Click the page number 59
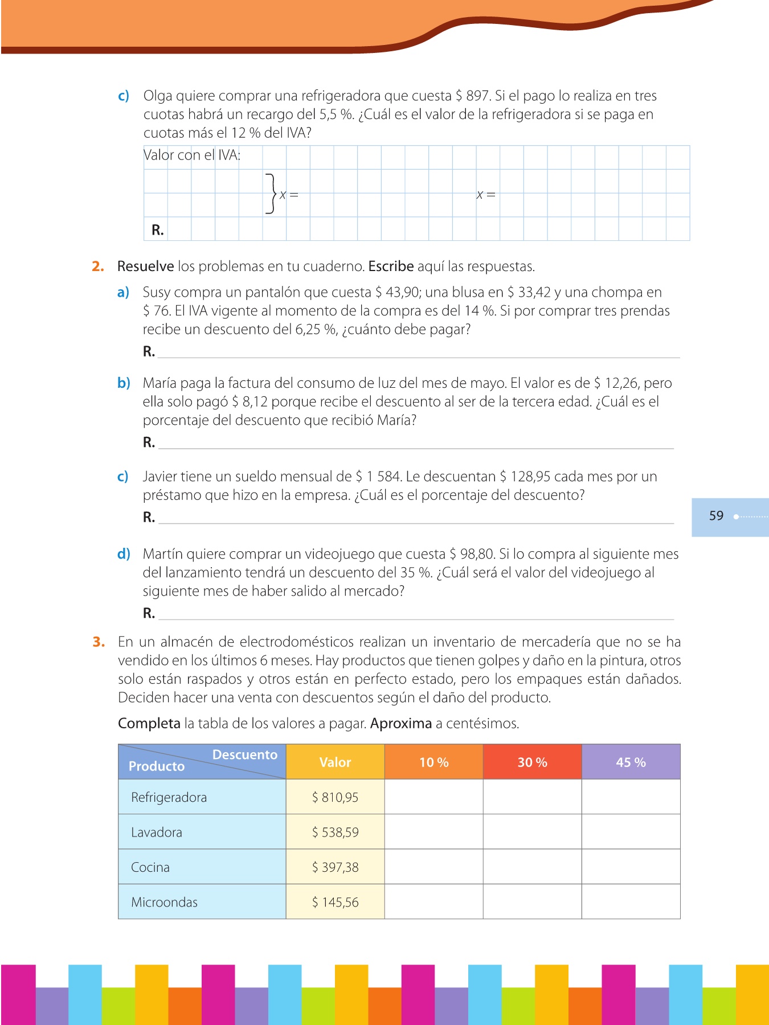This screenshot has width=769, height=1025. click(716, 516)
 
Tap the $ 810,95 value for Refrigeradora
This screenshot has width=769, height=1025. click(335, 797)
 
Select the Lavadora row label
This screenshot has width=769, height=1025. click(157, 833)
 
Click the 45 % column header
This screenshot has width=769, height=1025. click(631, 762)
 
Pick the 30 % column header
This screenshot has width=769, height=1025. click(532, 762)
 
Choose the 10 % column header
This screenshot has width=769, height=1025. click(433, 762)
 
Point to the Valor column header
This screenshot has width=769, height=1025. click(335, 762)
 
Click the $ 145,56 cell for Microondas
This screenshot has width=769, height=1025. click(335, 902)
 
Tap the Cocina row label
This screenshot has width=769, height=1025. click(150, 867)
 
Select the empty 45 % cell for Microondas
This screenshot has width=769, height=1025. click(631, 901)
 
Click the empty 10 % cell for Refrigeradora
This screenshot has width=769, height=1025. click(433, 797)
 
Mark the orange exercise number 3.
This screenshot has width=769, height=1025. click(99, 642)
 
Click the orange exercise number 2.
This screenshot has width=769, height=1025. click(98, 266)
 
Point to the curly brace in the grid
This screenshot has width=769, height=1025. click(271, 194)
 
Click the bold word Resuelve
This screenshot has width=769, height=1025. click(145, 266)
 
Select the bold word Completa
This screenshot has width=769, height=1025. click(149, 724)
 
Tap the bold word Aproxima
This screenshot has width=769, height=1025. click(400, 724)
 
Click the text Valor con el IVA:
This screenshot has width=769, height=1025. click(192, 155)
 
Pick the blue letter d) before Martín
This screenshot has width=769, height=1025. click(124, 554)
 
